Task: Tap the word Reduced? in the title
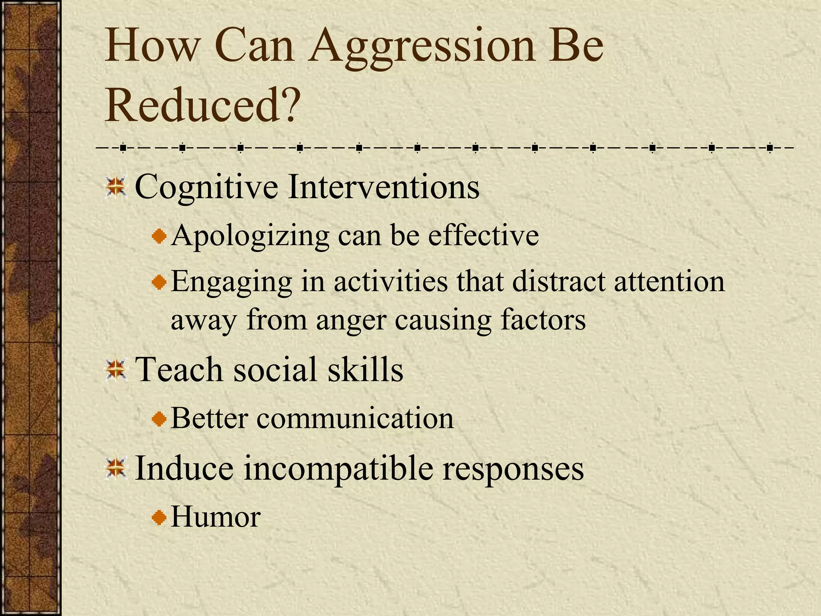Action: pos(202,105)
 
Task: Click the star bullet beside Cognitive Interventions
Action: pos(116,187)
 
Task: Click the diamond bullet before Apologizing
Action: pos(159,236)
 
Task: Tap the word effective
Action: pos(483,236)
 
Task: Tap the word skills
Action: pos(365,369)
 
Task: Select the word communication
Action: pos(355,418)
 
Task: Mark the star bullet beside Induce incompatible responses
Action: pos(116,468)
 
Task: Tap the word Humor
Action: pos(216,517)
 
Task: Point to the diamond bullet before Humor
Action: pos(159,518)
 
